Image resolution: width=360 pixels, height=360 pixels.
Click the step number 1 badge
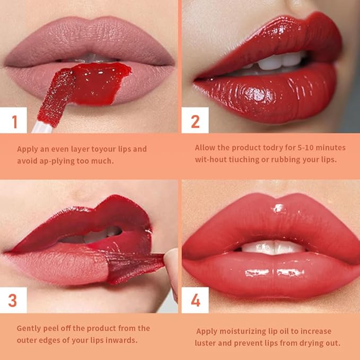(x=14, y=121)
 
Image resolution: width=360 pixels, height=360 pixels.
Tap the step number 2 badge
(x=195, y=121)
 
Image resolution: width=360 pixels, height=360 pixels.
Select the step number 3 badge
(x=13, y=301)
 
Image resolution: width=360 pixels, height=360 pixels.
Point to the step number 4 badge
(x=195, y=301)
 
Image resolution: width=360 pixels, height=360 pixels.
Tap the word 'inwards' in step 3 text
(x=122, y=340)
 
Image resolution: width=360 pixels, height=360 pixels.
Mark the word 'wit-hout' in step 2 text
(x=211, y=160)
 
